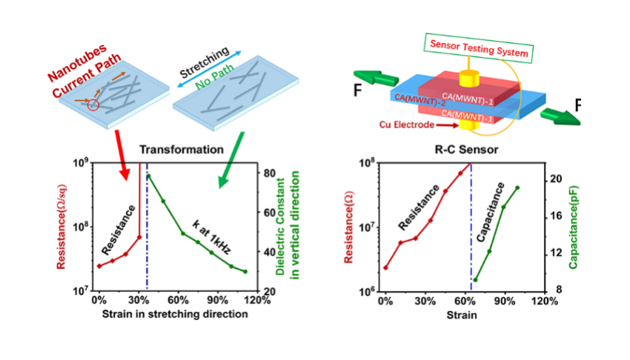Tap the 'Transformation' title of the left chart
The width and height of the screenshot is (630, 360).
click(191, 149)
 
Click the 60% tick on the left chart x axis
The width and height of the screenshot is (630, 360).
click(177, 300)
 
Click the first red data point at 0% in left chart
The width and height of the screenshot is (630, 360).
click(99, 266)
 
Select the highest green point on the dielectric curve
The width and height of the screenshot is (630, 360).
click(149, 176)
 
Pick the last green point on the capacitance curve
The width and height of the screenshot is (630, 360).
click(517, 187)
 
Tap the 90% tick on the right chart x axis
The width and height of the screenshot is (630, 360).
click(504, 300)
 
